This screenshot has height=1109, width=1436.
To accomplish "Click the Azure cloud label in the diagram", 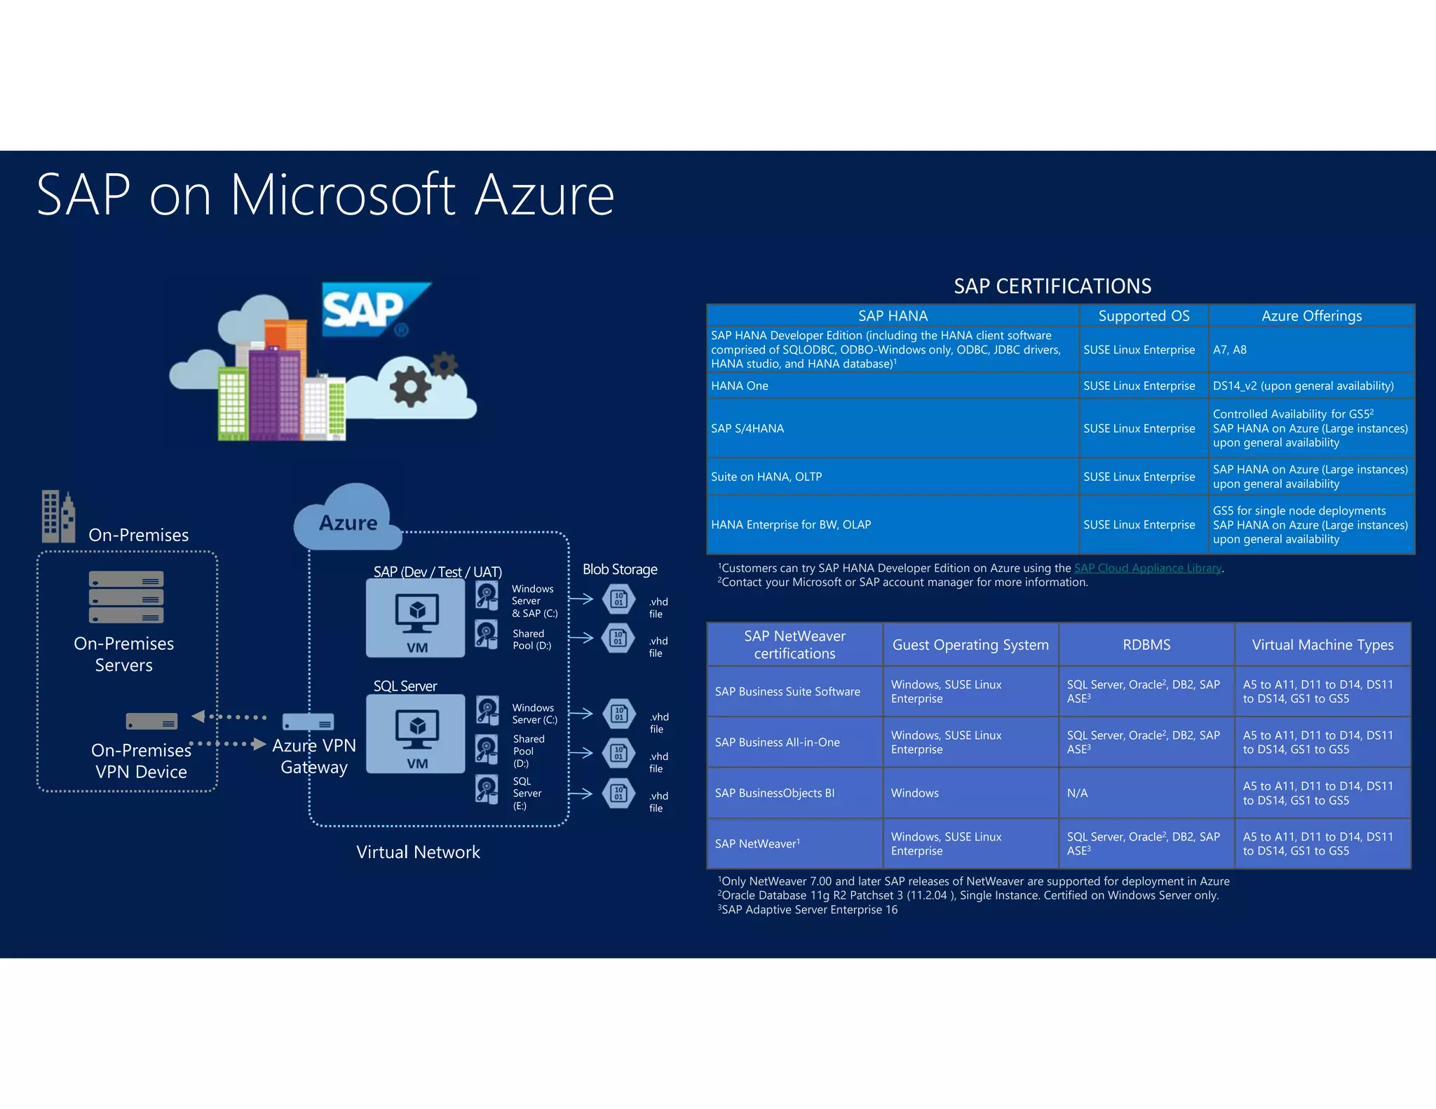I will point(348,523).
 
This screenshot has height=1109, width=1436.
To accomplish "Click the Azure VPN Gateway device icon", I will point(308,722).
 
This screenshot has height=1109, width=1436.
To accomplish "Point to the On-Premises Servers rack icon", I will point(126,597).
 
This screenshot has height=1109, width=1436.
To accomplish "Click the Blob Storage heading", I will point(620,569).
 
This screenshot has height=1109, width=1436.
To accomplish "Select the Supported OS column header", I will point(1144,316).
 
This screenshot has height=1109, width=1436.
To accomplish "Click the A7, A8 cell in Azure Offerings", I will point(1230,350).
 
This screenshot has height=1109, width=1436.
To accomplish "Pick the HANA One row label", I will point(740,386).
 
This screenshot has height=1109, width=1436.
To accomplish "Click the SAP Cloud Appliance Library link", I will point(1148,568).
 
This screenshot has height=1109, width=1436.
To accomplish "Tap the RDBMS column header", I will point(1146,645).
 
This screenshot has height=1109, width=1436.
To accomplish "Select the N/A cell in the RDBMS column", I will point(1078,793).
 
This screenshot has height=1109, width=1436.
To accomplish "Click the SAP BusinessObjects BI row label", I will point(775,793).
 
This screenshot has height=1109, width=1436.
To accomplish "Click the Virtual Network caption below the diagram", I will point(418,852).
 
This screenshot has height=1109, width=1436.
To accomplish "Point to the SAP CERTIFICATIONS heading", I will point(1052,286).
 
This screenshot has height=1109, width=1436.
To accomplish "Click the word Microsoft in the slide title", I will point(343,196).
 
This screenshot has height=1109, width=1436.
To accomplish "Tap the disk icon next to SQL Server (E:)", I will point(487,789).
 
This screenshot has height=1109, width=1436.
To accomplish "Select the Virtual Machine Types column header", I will point(1322,645).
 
